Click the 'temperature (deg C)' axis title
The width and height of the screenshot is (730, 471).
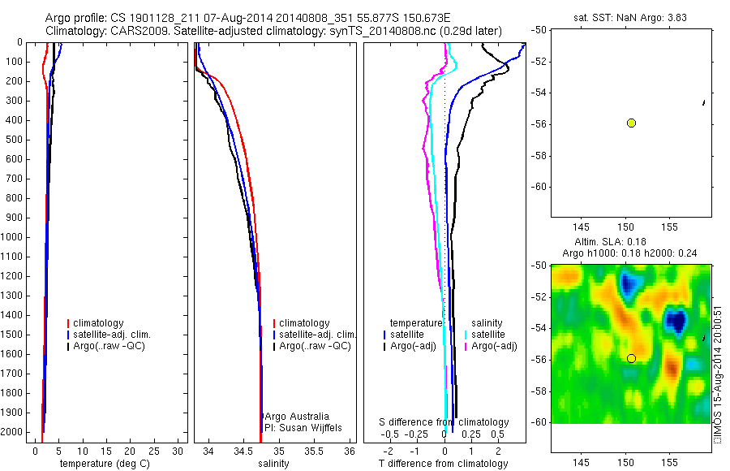(x=102, y=464)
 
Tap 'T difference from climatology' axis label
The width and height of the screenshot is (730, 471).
(x=443, y=464)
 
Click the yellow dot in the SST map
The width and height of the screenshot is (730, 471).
(x=631, y=123)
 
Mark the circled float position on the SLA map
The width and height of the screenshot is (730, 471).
(x=631, y=358)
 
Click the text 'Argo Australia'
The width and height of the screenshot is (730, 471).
(x=297, y=416)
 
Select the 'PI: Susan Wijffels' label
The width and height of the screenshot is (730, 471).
(x=302, y=427)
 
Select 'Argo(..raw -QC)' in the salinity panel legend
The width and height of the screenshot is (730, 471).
(x=314, y=346)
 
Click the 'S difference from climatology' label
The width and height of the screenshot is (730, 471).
(x=444, y=422)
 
